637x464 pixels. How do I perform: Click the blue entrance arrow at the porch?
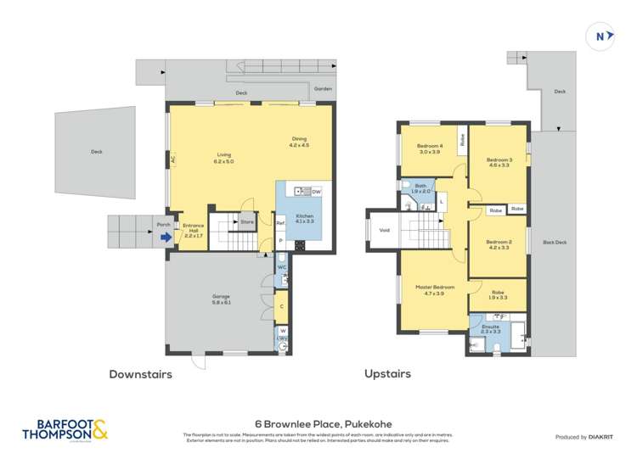pos(166,238)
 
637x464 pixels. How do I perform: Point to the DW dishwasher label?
pos(315,193)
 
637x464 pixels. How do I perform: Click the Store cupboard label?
pos(247,222)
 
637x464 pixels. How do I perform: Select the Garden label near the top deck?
pos(323,88)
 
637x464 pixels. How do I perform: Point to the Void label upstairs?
pos(384,230)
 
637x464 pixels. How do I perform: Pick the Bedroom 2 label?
pos(499,244)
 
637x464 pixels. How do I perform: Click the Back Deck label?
pos(555,243)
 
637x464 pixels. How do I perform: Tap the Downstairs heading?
pos(140,373)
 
